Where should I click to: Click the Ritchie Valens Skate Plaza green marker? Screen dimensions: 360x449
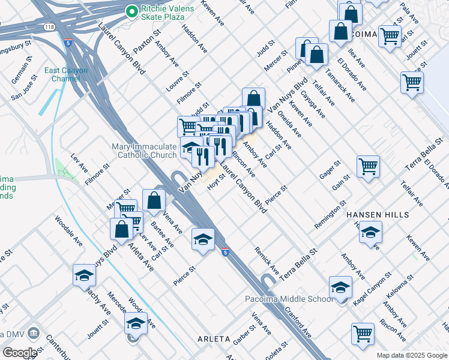point(131,11)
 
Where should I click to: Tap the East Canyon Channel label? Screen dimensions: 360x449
point(65,74)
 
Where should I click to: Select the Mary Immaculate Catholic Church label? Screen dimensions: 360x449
point(144,151)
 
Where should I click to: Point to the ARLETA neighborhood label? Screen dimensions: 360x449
point(214,339)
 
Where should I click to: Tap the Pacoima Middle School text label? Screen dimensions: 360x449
point(289,299)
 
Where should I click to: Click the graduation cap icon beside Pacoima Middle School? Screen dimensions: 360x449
point(340,288)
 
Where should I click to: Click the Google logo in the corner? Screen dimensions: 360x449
point(19,352)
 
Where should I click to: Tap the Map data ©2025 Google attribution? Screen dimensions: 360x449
point(411,355)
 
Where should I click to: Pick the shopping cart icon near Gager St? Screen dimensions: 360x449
point(368,166)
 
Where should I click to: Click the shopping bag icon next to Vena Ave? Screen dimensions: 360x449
point(154,200)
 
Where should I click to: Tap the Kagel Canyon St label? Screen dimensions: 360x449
point(372,289)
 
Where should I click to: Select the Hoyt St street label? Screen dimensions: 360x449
point(215,179)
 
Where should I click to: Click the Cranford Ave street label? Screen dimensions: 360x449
point(298,322)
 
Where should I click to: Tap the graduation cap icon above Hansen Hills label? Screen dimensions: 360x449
point(370,233)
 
